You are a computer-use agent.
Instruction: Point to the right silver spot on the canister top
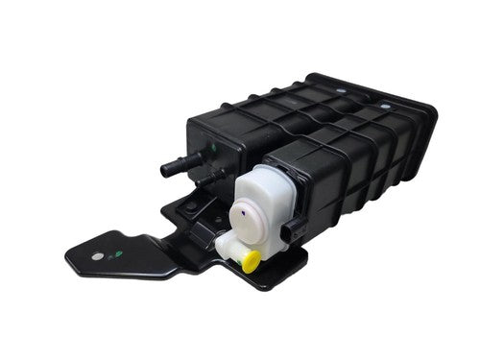384,105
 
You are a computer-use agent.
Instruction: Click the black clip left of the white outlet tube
204,236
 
